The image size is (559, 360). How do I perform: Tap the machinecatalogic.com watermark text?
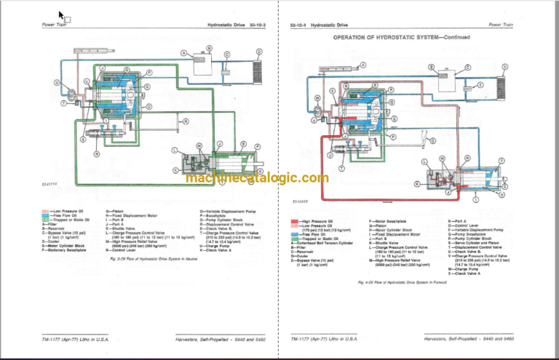(257, 178)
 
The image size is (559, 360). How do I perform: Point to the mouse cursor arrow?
(61, 15)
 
